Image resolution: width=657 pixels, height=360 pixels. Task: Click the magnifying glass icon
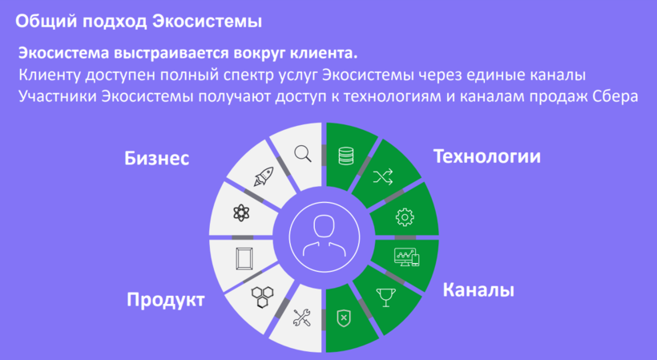tap(303, 153)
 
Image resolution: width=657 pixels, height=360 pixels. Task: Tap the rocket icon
tap(264, 176)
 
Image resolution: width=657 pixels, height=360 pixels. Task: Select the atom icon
tap(241, 213)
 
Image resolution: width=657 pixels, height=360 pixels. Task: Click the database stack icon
tap(345, 155)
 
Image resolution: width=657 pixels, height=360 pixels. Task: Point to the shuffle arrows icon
tap(383, 176)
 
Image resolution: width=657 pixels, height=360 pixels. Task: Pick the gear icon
tap(405, 217)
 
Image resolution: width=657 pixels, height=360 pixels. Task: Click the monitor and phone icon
tap(406, 257)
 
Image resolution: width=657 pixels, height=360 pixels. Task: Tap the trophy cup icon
tap(386, 297)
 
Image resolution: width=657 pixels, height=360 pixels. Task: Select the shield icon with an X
tap(344, 318)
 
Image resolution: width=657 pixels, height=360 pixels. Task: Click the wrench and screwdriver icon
tap(302, 318)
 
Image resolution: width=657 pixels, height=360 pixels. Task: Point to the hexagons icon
tap(263, 297)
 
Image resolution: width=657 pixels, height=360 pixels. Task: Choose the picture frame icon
tap(244, 258)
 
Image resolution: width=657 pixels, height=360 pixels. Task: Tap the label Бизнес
tap(157, 159)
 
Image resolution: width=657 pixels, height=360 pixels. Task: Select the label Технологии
tap(487, 156)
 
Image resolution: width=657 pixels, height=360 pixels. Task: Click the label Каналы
tap(478, 290)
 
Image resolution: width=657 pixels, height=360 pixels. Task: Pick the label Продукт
tap(166, 300)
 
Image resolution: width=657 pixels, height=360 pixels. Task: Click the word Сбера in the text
tap(616, 96)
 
